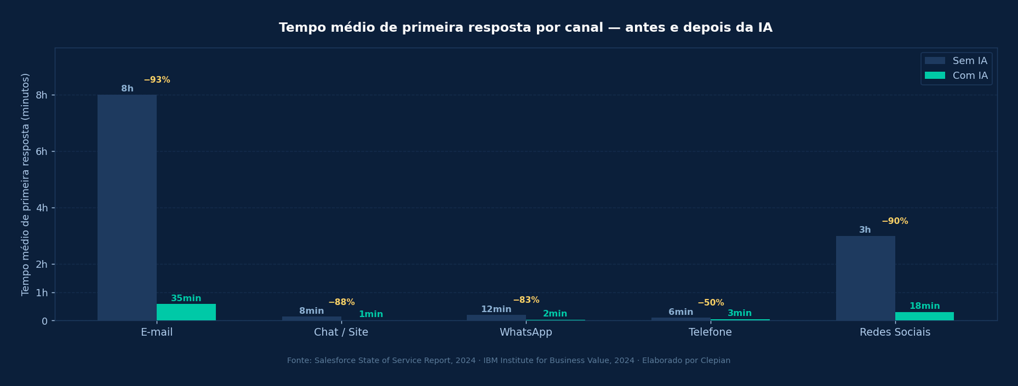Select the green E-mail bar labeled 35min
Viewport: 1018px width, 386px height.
[x=186, y=312]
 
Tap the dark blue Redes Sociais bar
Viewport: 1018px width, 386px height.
[x=865, y=278]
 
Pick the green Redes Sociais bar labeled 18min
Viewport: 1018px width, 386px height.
[x=924, y=316]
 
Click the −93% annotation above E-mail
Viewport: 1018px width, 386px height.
[x=157, y=80]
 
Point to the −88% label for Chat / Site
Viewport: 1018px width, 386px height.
[x=342, y=303]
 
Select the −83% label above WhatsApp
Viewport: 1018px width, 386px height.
[x=526, y=300]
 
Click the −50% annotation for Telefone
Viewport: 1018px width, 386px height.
[x=711, y=303]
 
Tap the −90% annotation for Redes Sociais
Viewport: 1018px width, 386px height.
[x=895, y=221]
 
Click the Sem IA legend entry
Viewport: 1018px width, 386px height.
[x=956, y=61]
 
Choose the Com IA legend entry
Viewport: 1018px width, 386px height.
[x=956, y=76]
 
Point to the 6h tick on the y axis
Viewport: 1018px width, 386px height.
[x=41, y=151]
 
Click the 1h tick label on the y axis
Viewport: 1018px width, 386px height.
[x=41, y=293]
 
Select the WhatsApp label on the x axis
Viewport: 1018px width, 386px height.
[x=526, y=333]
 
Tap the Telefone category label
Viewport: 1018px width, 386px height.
[x=710, y=333]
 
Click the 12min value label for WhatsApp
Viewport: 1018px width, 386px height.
[x=496, y=310]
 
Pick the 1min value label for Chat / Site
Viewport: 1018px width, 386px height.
[x=371, y=315]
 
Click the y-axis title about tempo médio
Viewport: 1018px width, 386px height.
[x=25, y=184]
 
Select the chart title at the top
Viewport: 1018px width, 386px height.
[x=526, y=28]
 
